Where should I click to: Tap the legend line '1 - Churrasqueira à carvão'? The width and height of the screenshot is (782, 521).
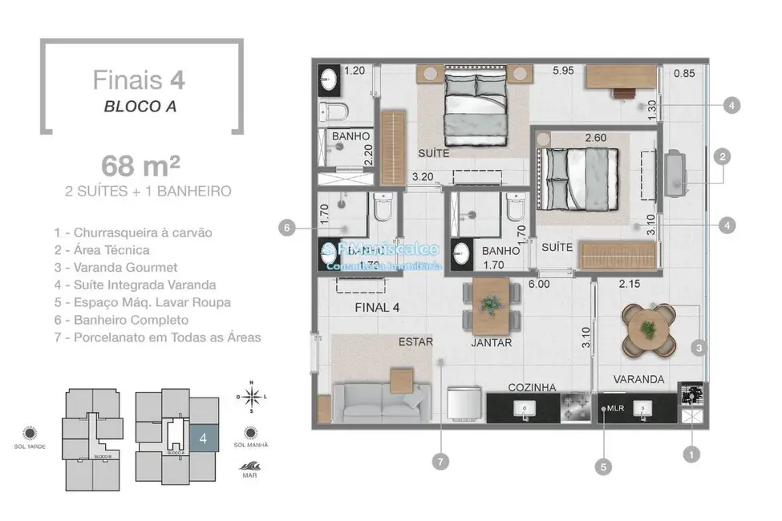coord(133,232)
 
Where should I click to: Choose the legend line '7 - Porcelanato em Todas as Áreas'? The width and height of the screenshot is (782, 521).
coord(157,337)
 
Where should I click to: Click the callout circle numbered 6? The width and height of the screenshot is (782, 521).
coord(285,228)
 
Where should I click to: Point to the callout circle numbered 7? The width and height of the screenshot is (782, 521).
coord(440,461)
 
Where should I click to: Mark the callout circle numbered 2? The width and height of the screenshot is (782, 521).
coord(722,157)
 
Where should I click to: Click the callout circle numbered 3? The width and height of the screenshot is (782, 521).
coord(699,348)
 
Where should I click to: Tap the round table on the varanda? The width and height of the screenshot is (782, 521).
coord(647,328)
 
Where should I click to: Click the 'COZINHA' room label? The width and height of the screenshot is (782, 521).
coord(532,387)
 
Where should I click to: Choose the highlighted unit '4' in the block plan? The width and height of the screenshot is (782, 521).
coord(204,438)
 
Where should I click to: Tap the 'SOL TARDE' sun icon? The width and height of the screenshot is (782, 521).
coord(30,433)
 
